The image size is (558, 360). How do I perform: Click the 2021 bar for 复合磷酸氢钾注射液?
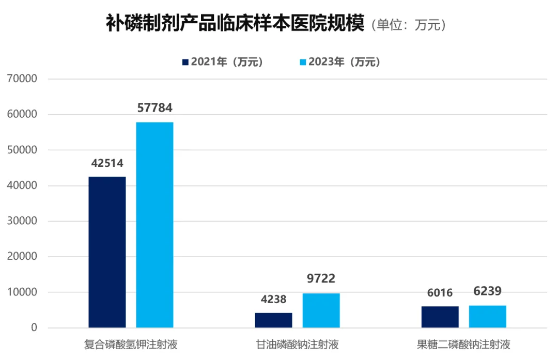(107, 252)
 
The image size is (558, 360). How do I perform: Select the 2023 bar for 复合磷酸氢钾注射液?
(154, 225)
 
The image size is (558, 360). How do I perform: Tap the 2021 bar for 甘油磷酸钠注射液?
(273, 320)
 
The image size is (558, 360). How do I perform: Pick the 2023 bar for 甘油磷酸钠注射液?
(321, 310)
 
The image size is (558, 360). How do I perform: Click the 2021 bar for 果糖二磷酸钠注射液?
(440, 317)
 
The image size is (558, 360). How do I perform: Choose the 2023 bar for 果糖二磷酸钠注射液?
(487, 317)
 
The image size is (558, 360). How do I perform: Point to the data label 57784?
(154, 108)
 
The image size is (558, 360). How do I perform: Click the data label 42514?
(107, 163)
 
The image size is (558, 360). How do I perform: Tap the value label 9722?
(321, 279)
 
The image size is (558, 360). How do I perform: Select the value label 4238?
(273, 299)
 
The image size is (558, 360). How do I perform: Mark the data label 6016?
(440, 293)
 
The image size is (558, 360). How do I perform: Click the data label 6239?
(487, 291)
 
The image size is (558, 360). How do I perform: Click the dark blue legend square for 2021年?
(185, 62)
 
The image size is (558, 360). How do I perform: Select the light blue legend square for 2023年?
(303, 62)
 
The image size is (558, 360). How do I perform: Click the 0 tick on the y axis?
(34, 328)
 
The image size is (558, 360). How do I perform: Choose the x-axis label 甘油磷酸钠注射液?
(297, 345)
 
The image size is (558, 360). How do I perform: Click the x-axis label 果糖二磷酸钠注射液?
(463, 345)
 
